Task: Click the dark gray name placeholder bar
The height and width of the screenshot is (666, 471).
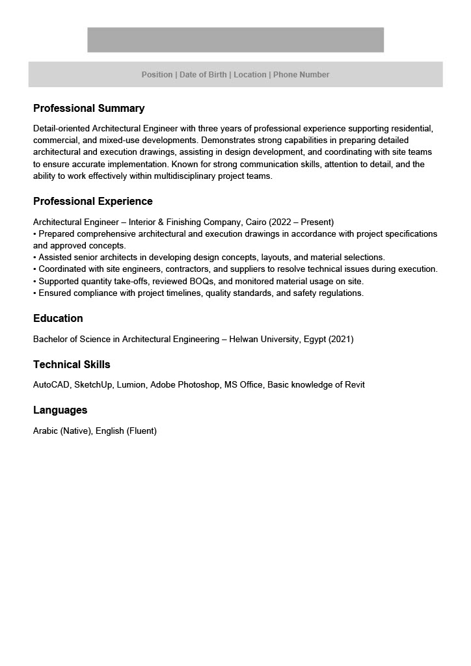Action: pyautogui.click(x=235, y=40)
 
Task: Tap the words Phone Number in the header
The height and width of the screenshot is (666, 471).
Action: pyautogui.click(x=301, y=75)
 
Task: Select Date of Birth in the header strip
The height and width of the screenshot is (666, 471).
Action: pyautogui.click(x=203, y=75)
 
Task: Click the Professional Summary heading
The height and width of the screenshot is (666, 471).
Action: pyautogui.click(x=88, y=109)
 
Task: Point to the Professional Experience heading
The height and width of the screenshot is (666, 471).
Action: pyautogui.click(x=92, y=202)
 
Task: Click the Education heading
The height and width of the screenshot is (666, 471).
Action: pyautogui.click(x=58, y=319)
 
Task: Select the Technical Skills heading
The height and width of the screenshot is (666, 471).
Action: pyautogui.click(x=72, y=365)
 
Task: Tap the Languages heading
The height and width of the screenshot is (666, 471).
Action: pyautogui.click(x=60, y=410)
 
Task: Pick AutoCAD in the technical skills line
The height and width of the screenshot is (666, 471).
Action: pyautogui.click(x=51, y=385)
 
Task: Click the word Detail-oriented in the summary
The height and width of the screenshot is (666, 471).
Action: pyautogui.click(x=62, y=129)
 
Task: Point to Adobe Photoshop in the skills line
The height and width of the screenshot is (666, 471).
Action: pyautogui.click(x=185, y=385)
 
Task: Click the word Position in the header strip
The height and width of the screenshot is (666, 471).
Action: pyautogui.click(x=157, y=75)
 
